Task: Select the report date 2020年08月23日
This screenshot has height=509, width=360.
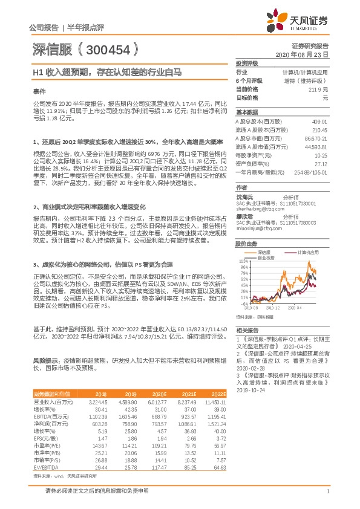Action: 305,54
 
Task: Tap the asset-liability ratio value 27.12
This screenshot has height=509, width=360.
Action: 320,163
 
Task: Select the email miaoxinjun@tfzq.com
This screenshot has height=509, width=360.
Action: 260,229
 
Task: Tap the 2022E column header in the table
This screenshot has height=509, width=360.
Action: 218,393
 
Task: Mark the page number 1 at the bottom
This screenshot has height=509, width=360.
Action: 327,491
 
